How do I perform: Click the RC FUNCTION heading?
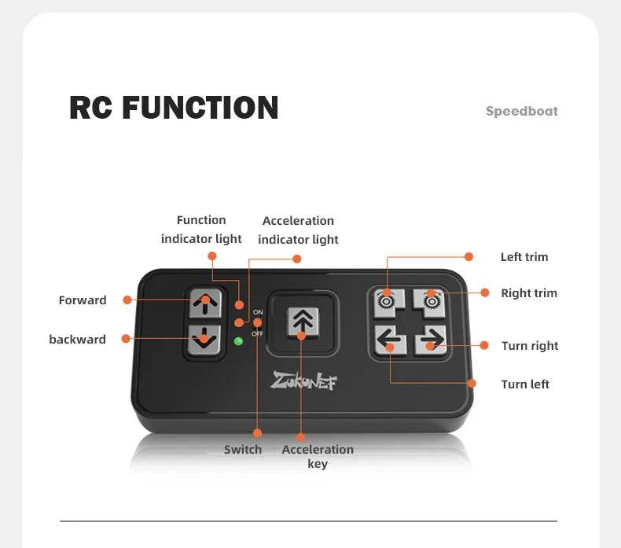coord(174,108)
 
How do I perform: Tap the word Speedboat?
coord(521,111)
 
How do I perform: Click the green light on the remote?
coord(238,340)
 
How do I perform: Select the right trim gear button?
coord(430,300)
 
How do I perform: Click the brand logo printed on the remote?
coord(303,381)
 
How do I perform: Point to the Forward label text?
coord(83,300)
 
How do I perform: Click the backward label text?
coord(77,340)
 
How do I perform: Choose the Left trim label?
coord(524,257)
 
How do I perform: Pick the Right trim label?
coord(529,293)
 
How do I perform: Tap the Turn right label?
coord(530,346)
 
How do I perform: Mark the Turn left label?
coord(525,384)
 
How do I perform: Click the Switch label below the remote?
coord(243,450)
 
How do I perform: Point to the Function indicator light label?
coord(201,230)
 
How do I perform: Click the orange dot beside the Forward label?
coord(125,300)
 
